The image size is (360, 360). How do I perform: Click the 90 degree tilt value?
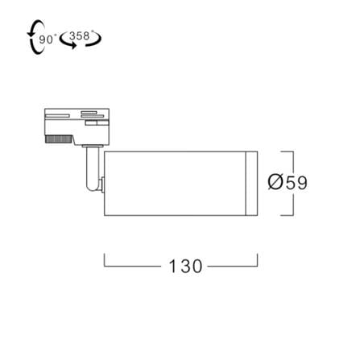click(46, 39)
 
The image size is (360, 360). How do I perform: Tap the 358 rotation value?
click(80, 35)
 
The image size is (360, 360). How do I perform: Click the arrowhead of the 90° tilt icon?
click(29, 34)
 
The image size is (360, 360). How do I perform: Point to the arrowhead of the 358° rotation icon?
click(73, 46)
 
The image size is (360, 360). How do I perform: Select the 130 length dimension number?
click(185, 266)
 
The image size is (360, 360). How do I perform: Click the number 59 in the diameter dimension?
click(296, 183)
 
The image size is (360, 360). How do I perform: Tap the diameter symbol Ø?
click(275, 182)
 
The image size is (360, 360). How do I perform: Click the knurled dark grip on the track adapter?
click(59, 139)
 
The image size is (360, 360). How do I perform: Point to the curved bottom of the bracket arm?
click(93, 188)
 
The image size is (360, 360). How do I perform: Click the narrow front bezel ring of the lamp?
click(252, 184)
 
